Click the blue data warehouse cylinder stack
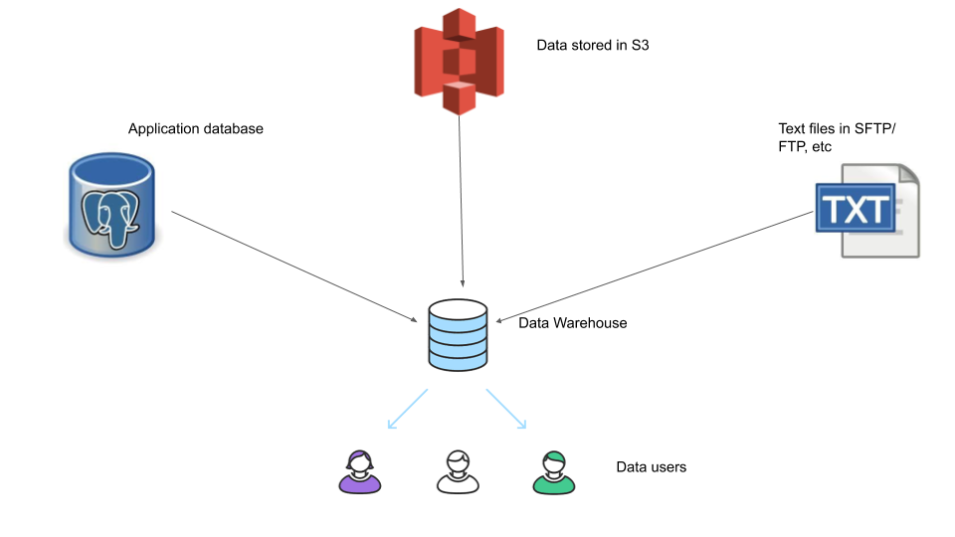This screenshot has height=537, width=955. pyautogui.click(x=458, y=336)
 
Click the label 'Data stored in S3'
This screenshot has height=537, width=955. pyautogui.click(x=593, y=46)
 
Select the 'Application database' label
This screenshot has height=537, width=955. pyautogui.click(x=196, y=129)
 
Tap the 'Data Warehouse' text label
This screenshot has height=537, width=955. pyautogui.click(x=573, y=323)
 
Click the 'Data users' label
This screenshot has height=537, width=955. pyautogui.click(x=652, y=466)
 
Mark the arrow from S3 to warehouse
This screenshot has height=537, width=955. pyautogui.click(x=461, y=199)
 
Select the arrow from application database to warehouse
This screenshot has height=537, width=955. pyautogui.click(x=295, y=266)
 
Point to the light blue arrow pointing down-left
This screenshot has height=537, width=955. pyautogui.click(x=407, y=410)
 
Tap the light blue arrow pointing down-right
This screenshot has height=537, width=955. pyautogui.click(x=506, y=410)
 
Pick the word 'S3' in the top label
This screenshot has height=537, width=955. pyautogui.click(x=640, y=46)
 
